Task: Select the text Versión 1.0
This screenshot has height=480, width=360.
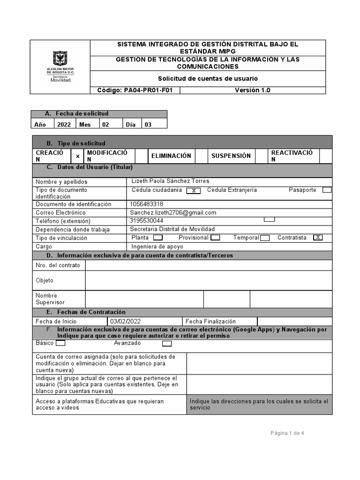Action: pyautogui.click(x=252, y=90)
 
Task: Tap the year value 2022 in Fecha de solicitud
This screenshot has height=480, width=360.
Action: pyautogui.click(x=64, y=125)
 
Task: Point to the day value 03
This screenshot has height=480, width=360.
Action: pyautogui.click(x=148, y=125)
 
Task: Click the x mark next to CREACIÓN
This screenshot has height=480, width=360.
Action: pyautogui.click(x=78, y=156)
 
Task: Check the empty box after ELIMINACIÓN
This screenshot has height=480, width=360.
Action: pyautogui.click(x=201, y=156)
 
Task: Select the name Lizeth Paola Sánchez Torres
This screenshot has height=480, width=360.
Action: pyautogui.click(x=170, y=181)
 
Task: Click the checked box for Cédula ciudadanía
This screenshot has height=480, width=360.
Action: pyautogui.click(x=194, y=190)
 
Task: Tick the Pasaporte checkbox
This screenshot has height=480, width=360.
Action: pyautogui.click(x=327, y=190)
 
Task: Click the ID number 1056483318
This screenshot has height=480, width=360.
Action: pyautogui.click(x=147, y=204)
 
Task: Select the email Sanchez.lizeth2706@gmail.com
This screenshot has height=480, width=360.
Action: pyautogui.click(x=173, y=213)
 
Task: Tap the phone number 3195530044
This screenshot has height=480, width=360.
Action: pyautogui.click(x=147, y=221)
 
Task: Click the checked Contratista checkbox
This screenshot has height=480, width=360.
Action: pyautogui.click(x=318, y=238)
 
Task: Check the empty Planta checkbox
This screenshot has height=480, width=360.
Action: pyautogui.click(x=158, y=238)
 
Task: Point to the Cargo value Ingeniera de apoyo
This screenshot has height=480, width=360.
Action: pyautogui.click(x=157, y=247)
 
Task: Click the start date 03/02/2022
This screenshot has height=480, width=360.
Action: pyautogui.click(x=125, y=322)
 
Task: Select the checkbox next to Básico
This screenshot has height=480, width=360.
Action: pyautogui.click(x=60, y=343)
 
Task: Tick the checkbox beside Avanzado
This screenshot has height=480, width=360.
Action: pyautogui.click(x=167, y=344)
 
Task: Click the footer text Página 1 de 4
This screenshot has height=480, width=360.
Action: pyautogui.click(x=287, y=433)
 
